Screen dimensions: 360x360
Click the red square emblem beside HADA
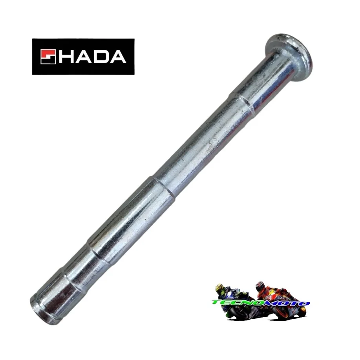click(x=48, y=57)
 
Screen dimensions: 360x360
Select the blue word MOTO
click(x=287, y=303)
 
